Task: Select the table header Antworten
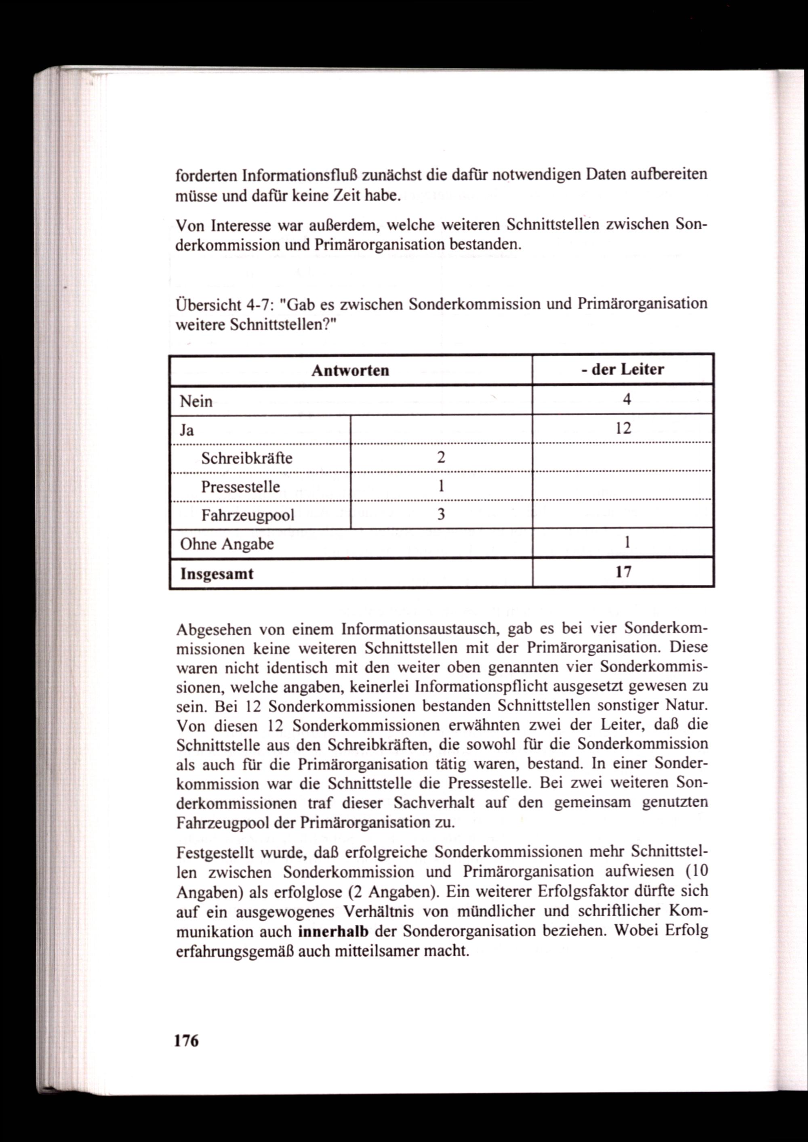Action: (350, 371)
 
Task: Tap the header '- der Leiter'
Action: (623, 369)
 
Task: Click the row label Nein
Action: (196, 401)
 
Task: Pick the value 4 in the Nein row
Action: (626, 399)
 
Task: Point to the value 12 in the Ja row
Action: (623, 428)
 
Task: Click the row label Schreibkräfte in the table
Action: (246, 458)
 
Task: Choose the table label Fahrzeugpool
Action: (248, 515)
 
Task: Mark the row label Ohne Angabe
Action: (227, 544)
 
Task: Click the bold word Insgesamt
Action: (217, 574)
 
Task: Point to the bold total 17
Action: (623, 572)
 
